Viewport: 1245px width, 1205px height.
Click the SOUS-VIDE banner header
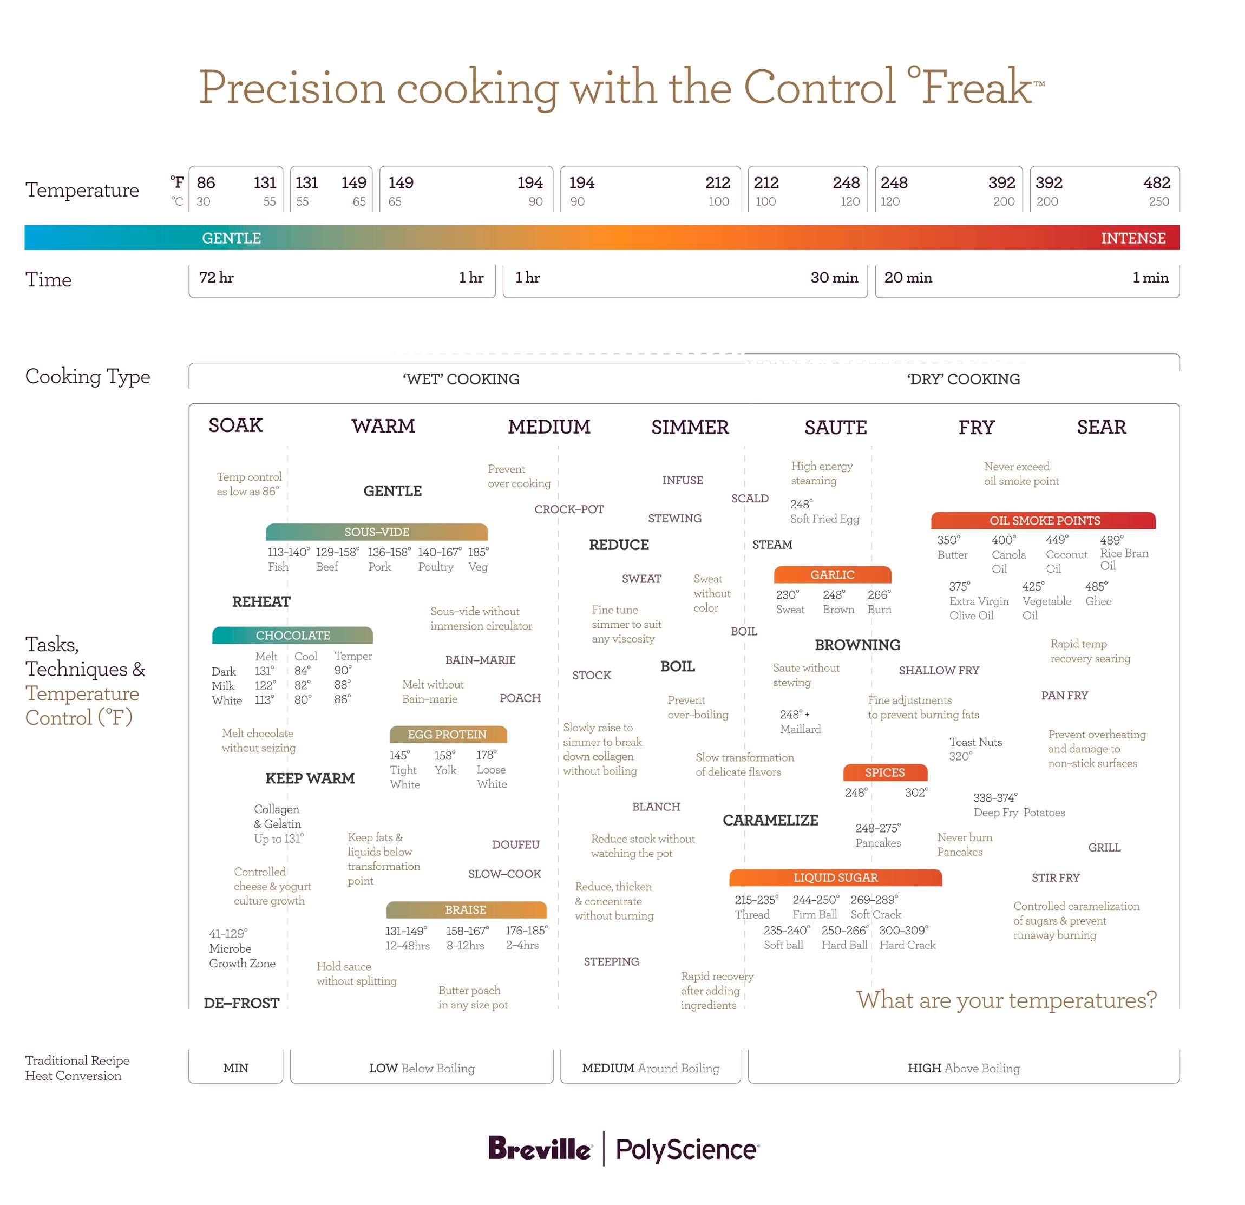tap(377, 532)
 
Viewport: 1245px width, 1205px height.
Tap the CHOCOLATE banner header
tap(292, 635)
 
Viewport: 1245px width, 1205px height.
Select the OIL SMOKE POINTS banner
tap(1044, 520)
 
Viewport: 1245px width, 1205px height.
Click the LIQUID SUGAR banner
tap(835, 877)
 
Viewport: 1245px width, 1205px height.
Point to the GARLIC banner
tap(832, 574)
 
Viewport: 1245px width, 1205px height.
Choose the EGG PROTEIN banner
tap(447, 734)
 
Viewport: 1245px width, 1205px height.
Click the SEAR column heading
tap(1101, 427)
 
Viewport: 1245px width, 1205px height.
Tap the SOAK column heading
tap(235, 425)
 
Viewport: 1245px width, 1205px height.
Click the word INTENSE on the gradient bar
tap(1133, 238)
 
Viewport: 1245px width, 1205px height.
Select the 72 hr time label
tap(217, 278)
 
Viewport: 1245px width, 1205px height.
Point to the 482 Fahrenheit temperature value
tap(1156, 183)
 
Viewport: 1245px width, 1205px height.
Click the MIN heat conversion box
tap(235, 1068)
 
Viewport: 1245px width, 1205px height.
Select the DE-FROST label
tap(241, 1003)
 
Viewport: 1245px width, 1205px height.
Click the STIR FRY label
tap(1055, 877)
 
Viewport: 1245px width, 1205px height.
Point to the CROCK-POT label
tap(568, 509)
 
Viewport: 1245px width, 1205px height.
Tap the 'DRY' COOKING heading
tap(963, 379)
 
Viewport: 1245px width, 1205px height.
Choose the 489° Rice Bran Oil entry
tap(1123, 553)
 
